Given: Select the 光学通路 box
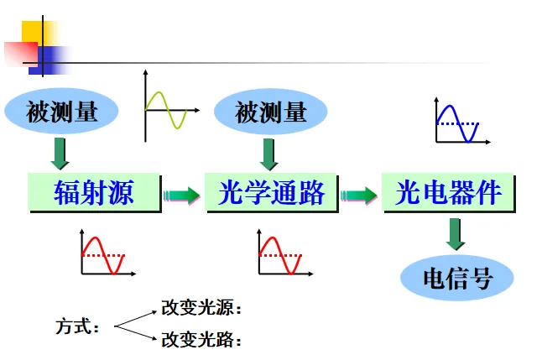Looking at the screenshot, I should tap(271, 194).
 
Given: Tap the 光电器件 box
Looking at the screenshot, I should tap(448, 194).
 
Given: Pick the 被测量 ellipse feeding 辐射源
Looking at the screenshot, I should tap(62, 112).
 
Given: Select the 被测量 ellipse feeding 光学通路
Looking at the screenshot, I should tap(271, 112).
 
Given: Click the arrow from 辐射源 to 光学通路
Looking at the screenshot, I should tap(182, 196).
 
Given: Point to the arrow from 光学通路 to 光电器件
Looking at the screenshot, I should tap(359, 196).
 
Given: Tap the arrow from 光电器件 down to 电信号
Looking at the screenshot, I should tap(456, 234).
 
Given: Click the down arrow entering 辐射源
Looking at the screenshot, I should tap(60, 154).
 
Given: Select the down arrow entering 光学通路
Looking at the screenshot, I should tap(269, 154).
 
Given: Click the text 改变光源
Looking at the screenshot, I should tap(201, 308).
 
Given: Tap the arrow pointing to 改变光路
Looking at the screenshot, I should tap(135, 332).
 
